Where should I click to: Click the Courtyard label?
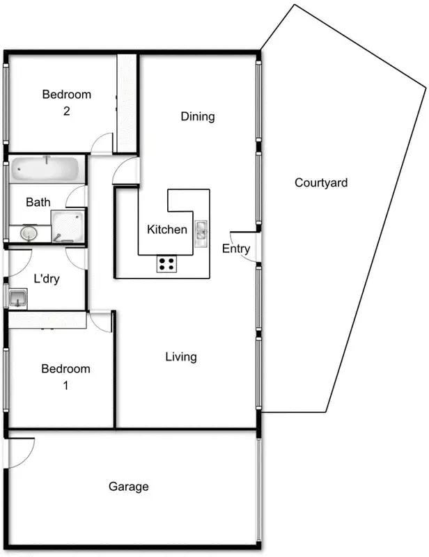click(x=320, y=183)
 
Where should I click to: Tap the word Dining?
click(x=198, y=116)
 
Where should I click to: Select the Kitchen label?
click(x=166, y=229)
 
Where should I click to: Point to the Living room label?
click(x=181, y=357)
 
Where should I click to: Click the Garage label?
click(x=129, y=487)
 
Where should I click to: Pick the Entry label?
click(x=235, y=249)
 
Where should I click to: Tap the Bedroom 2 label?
click(x=67, y=102)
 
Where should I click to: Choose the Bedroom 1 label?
click(x=65, y=377)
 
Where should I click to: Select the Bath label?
click(x=38, y=203)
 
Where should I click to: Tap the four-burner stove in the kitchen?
click(x=166, y=263)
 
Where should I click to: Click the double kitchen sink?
click(x=201, y=233)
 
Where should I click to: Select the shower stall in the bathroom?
click(x=68, y=226)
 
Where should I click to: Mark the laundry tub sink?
click(x=17, y=299)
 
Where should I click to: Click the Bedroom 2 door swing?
click(x=103, y=143)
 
